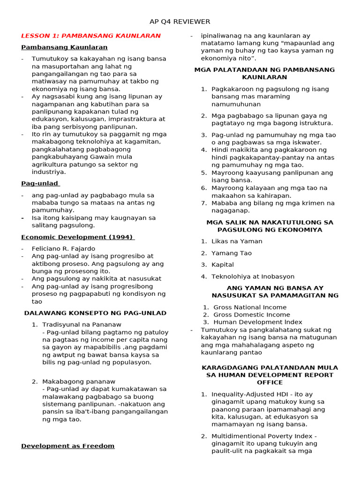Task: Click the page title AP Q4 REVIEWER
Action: [180, 22]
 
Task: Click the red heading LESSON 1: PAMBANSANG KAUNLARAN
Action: [91, 36]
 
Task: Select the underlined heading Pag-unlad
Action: [40, 183]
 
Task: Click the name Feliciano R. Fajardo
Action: [63, 248]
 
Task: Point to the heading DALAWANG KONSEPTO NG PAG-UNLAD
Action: [95, 313]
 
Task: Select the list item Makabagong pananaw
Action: [79, 382]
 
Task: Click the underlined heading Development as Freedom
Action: [68, 446]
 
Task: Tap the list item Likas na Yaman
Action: [237, 241]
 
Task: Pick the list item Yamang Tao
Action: [232, 253]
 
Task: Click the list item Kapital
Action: [223, 265]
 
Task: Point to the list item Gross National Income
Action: [250, 307]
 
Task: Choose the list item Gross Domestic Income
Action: [252, 315]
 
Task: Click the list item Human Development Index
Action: [258, 322]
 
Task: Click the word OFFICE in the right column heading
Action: [270, 382]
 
